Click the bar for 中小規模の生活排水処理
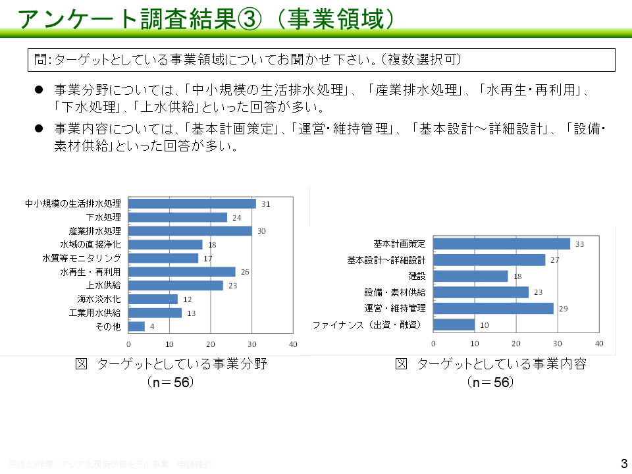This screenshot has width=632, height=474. (192, 204)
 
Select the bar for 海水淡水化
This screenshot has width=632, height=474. (153, 299)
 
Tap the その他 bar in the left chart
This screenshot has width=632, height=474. (137, 326)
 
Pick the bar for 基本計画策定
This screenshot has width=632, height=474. (502, 244)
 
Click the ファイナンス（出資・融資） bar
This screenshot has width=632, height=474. (454, 325)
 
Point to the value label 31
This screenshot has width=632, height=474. (265, 204)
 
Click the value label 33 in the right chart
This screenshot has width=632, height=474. (579, 244)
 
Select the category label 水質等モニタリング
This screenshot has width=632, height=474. (82, 258)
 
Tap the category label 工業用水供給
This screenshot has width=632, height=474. (95, 313)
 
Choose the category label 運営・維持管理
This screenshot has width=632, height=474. (395, 308)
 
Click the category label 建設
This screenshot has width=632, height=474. (417, 276)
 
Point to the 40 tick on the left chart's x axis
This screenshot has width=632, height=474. (293, 344)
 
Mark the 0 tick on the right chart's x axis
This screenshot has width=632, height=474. (433, 343)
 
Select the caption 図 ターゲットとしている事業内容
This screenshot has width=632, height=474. (490, 364)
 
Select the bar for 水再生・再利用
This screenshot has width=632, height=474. (182, 272)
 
